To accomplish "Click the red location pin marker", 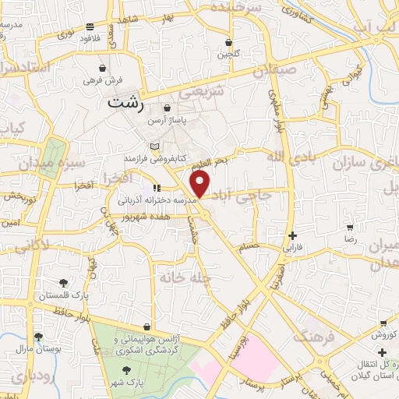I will pos(200,185).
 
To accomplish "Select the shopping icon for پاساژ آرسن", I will pos(167,108).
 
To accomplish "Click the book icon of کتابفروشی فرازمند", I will pos(154,146).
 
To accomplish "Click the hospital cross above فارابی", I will pos(291,235).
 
